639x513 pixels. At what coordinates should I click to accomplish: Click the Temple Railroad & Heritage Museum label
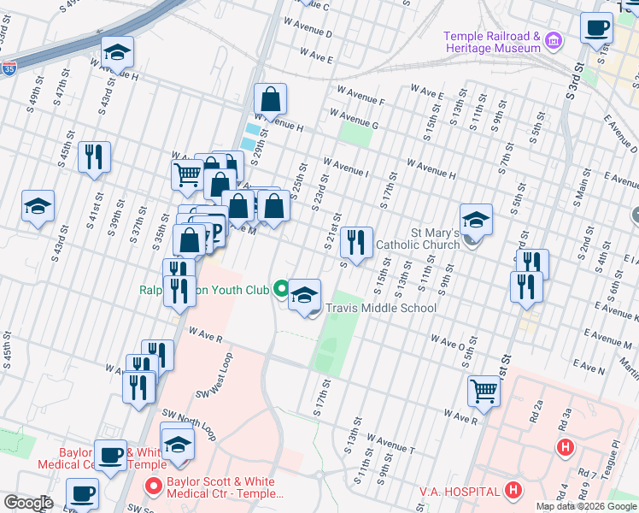pos(491,42)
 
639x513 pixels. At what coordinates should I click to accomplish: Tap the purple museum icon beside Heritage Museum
pos(553,40)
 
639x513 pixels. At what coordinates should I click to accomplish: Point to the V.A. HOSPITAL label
pos(459,491)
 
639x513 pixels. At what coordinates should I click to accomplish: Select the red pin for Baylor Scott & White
pos(155,487)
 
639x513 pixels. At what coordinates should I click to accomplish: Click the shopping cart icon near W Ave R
pos(484,391)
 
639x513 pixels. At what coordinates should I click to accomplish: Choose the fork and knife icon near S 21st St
pos(356,242)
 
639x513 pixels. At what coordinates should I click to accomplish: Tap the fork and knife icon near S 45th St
pos(94,157)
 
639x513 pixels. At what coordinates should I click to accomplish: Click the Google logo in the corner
pos(28,503)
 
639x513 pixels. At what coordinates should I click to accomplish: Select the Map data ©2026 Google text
pos(586,506)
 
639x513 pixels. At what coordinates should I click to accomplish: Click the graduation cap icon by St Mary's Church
pos(476,220)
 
